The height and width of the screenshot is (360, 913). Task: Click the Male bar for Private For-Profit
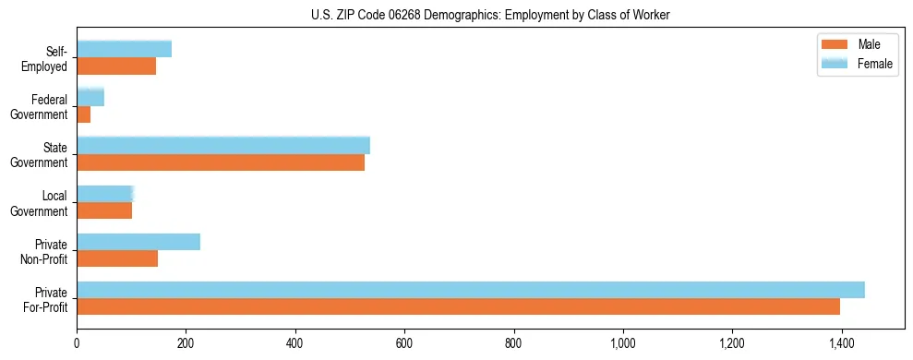pyautogui.click(x=458, y=306)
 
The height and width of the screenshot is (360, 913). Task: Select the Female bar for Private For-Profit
pyautogui.click(x=471, y=290)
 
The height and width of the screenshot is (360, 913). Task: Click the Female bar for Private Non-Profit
pyautogui.click(x=138, y=242)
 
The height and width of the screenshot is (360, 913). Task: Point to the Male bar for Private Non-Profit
pyautogui.click(x=117, y=258)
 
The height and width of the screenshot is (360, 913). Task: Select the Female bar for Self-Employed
pyautogui.click(x=124, y=49)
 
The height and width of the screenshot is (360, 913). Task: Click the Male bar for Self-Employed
pyautogui.click(x=116, y=66)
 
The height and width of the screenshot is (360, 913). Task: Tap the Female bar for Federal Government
pyautogui.click(x=90, y=97)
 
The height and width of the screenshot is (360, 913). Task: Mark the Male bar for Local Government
pyautogui.click(x=104, y=210)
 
